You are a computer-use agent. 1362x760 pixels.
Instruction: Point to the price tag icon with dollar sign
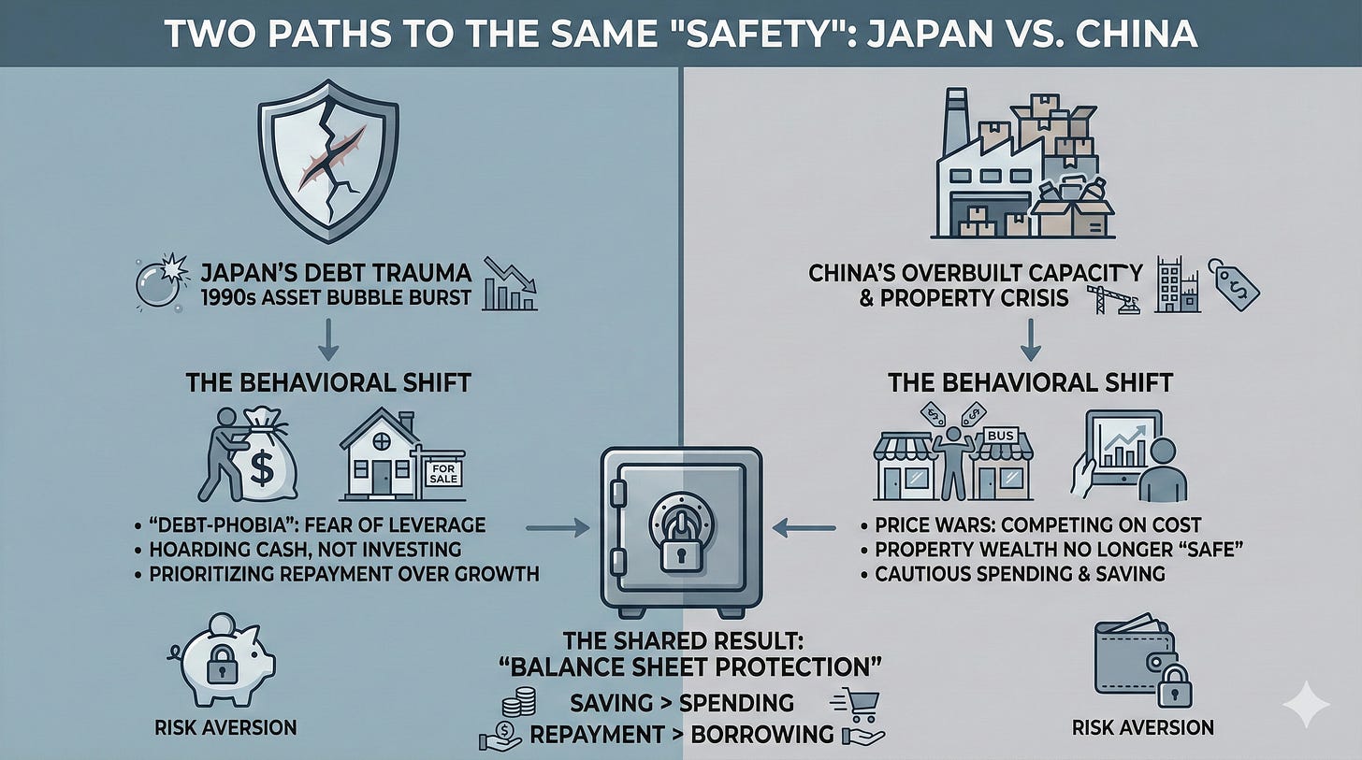pyautogui.click(x=1233, y=284)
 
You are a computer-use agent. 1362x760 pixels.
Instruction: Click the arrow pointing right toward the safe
pyautogui.click(x=557, y=530)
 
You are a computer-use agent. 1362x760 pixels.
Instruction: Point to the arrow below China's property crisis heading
pyautogui.click(x=1030, y=340)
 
